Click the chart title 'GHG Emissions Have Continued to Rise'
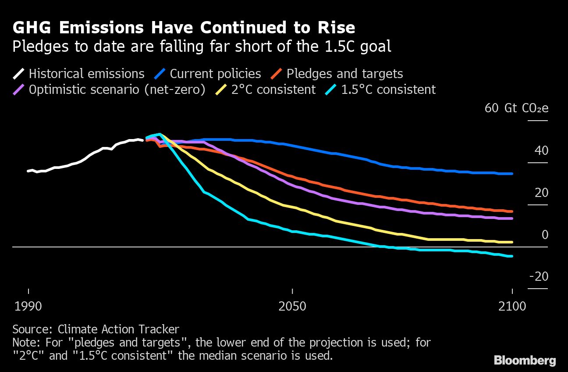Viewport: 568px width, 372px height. [x=184, y=28]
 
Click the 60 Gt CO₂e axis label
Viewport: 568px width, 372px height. [x=516, y=108]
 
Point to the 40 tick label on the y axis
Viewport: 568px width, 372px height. [x=541, y=150]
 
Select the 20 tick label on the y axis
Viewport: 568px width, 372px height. [x=541, y=193]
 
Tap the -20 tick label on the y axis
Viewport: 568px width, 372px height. [x=539, y=276]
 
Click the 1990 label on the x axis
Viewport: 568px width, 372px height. [x=28, y=306]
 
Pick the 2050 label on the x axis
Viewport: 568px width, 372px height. [x=292, y=306]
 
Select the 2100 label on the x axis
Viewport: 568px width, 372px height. [x=512, y=306]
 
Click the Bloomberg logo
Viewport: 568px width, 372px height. [x=525, y=361]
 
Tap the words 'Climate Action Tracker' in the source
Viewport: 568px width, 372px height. [x=118, y=329]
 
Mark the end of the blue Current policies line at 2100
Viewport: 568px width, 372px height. [x=512, y=174]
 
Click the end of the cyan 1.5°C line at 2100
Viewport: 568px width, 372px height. [x=512, y=256]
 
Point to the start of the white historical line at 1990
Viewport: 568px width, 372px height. [x=28, y=171]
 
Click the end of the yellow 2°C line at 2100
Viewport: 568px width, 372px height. [x=512, y=242]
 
